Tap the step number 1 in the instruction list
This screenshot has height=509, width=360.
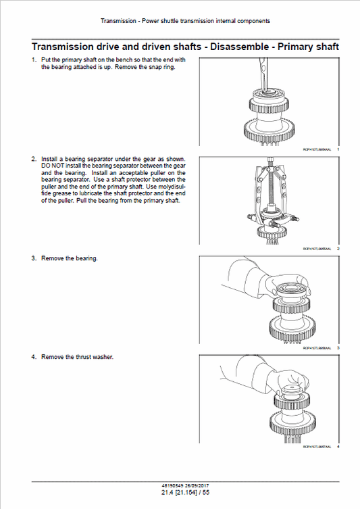pyautogui.click(x=34, y=60)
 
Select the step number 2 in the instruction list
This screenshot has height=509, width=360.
pyautogui.click(x=34, y=159)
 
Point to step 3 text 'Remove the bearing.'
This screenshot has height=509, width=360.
pyautogui.click(x=70, y=258)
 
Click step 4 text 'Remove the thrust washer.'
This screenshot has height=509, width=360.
pyautogui.click(x=77, y=356)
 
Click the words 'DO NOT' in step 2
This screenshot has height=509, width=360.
pyautogui.click(x=51, y=165)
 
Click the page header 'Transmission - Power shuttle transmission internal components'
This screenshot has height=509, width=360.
pyautogui.click(x=185, y=21)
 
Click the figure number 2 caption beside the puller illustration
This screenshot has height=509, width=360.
pyautogui.click(x=337, y=249)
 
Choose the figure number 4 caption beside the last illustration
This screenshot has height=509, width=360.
pyautogui.click(x=337, y=447)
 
